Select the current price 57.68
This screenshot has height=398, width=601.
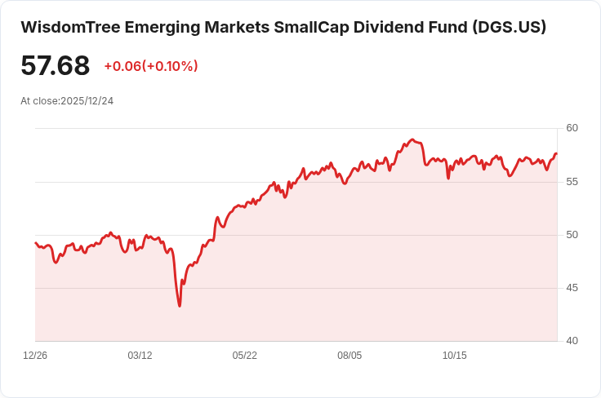pyautogui.click(x=55, y=65)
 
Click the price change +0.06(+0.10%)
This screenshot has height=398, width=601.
pyautogui.click(x=151, y=66)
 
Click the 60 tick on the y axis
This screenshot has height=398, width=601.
pyautogui.click(x=572, y=128)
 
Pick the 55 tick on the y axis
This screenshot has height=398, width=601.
pyautogui.click(x=572, y=181)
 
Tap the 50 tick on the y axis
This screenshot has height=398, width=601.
pyautogui.click(x=572, y=235)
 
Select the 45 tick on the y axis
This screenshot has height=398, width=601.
pyautogui.click(x=572, y=288)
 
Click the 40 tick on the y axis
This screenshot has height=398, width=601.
pyautogui.click(x=572, y=341)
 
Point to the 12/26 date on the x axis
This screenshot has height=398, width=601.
pyautogui.click(x=35, y=356)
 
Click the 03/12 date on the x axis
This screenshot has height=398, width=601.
pyautogui.click(x=140, y=356)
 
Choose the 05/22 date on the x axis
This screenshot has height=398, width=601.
pyautogui.click(x=245, y=356)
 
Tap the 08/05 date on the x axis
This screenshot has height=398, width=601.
pyautogui.click(x=349, y=356)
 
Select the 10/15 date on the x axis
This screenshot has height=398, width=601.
pyautogui.click(x=454, y=356)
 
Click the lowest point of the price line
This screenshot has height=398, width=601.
pyautogui.click(x=180, y=306)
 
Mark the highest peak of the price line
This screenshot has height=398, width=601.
pyautogui.click(x=412, y=139)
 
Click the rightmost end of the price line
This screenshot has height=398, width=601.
pyautogui.click(x=557, y=153)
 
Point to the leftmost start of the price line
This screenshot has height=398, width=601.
pyautogui.click(x=36, y=243)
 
